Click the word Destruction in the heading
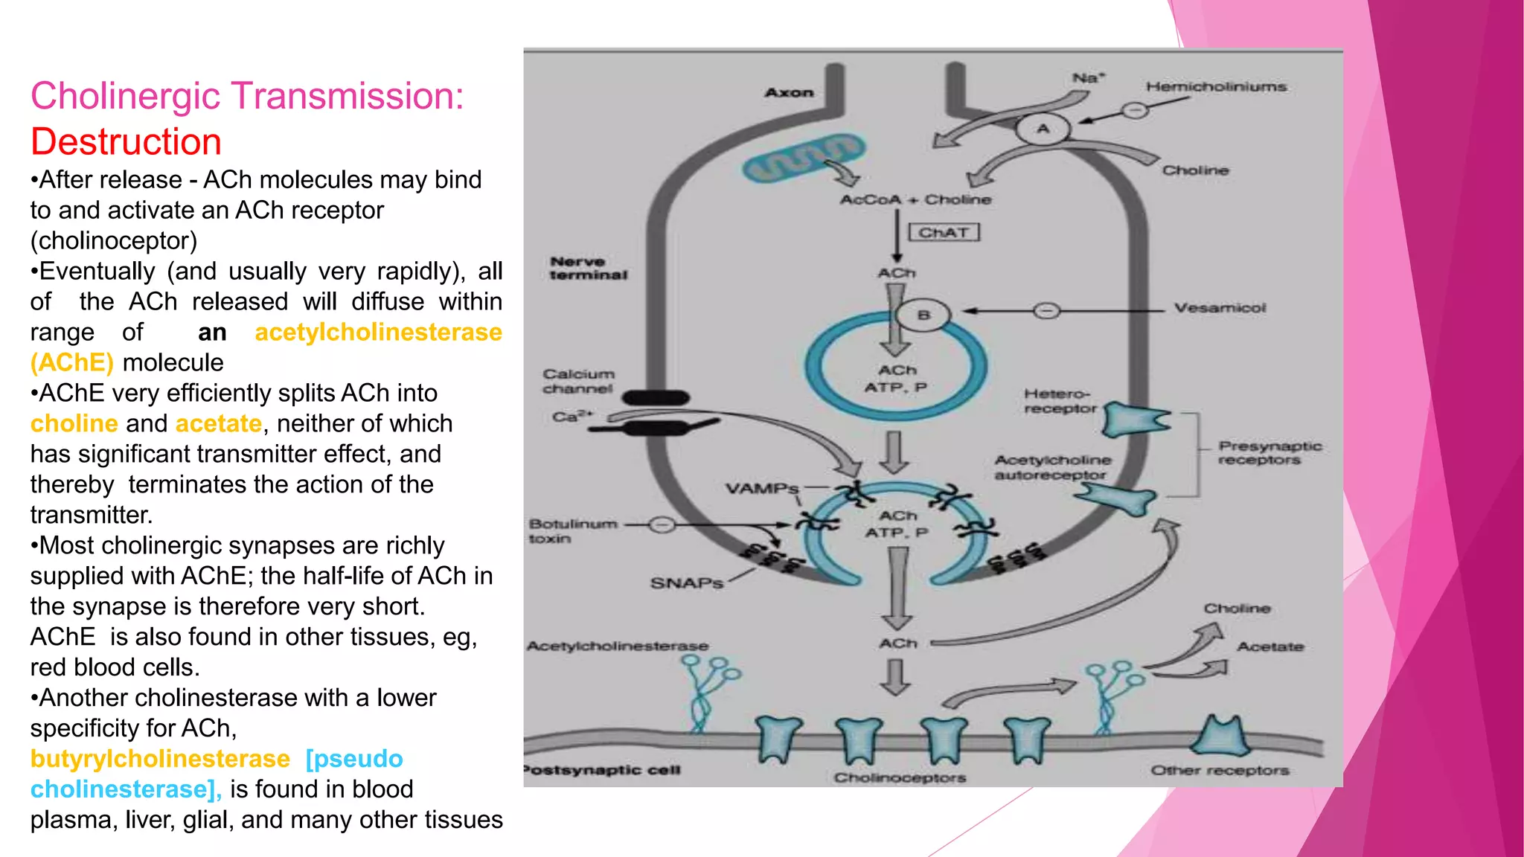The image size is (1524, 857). (126, 142)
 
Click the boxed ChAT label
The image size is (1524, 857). (944, 233)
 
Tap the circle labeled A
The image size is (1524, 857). (1043, 129)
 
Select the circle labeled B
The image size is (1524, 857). (923, 315)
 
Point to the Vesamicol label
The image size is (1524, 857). (1220, 308)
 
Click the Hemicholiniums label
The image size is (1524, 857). (1216, 87)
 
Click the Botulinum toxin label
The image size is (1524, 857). (572, 531)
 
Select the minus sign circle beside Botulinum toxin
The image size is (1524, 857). (662, 525)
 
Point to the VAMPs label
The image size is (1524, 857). (761, 489)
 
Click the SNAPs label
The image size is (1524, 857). (686, 582)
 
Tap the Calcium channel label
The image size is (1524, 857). (578, 381)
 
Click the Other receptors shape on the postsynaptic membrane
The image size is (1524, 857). (1220, 736)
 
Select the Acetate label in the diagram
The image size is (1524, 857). (1270, 647)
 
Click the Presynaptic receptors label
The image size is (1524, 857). (1269, 452)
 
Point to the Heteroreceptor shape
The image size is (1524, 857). (1134, 420)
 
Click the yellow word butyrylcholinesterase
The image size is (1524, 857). (160, 759)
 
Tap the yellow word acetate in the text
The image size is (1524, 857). (218, 424)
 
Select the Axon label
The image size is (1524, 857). (789, 93)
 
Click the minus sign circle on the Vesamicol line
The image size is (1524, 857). (1046, 310)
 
